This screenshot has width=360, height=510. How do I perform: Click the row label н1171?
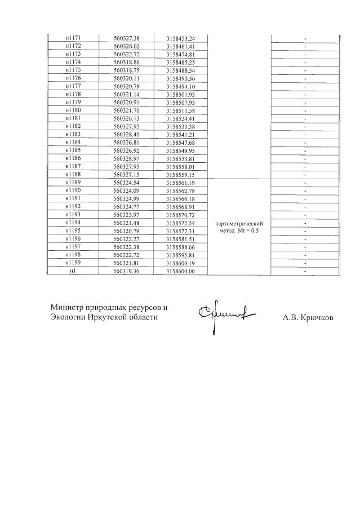click(73, 38)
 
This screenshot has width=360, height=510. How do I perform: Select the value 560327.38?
click(126, 38)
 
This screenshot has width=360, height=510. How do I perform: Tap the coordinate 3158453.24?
click(180, 38)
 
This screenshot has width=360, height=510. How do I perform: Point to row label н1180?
click(73, 111)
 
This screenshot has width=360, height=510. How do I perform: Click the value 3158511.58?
click(180, 111)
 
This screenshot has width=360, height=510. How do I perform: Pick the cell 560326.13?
click(126, 119)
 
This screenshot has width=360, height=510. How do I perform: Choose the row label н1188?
click(73, 175)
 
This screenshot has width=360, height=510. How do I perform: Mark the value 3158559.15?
click(180, 175)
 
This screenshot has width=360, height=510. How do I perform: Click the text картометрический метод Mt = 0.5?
click(240, 227)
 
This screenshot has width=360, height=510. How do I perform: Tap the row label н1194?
click(73, 224)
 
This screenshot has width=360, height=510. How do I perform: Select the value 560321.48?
click(126, 224)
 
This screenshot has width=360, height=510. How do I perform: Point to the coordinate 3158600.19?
click(180, 263)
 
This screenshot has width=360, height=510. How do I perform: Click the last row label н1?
click(73, 271)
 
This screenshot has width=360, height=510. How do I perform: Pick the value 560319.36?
click(126, 271)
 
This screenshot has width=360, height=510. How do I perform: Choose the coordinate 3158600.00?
click(180, 271)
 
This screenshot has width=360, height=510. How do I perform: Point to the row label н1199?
click(73, 263)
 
